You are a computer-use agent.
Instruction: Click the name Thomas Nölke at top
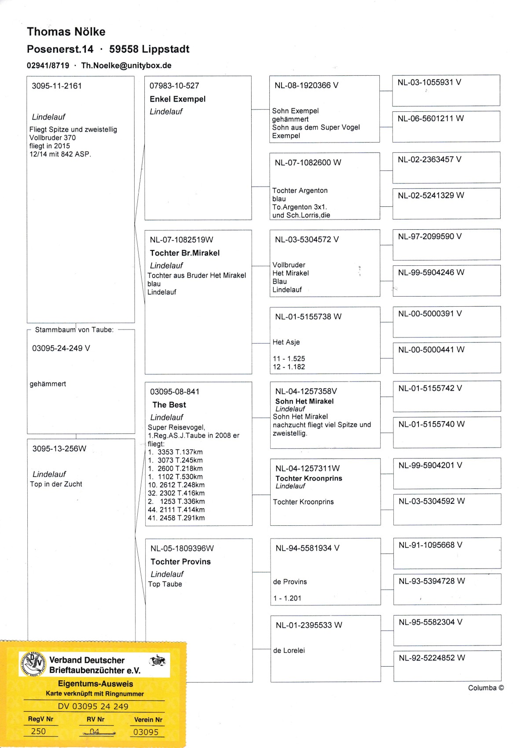coord(66,32)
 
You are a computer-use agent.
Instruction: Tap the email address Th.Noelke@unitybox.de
coord(126,66)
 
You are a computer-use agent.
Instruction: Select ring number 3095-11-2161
coord(57,86)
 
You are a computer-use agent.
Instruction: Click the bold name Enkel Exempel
coord(178,99)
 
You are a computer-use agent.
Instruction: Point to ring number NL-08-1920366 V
coord(306,85)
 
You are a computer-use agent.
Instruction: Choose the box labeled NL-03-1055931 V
coord(446,90)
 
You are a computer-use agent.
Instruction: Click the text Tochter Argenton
coord(300,191)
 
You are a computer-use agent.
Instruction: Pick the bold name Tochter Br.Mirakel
coord(185,253)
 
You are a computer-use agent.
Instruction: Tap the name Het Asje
coord(286,342)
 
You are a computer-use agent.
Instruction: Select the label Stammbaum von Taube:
coord(74,330)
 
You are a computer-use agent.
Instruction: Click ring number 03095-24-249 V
coord(61,348)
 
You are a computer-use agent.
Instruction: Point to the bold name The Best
coord(169,405)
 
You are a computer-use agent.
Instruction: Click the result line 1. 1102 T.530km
coord(176,477)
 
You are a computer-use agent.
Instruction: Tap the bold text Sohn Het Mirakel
coord(304,401)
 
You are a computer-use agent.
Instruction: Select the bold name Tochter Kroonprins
coord(309,478)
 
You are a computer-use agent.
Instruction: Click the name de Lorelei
coord(289,650)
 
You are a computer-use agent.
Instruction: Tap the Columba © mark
coord(486,688)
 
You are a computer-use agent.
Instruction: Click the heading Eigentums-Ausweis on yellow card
coord(95,684)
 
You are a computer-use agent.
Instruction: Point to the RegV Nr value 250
coord(38,731)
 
